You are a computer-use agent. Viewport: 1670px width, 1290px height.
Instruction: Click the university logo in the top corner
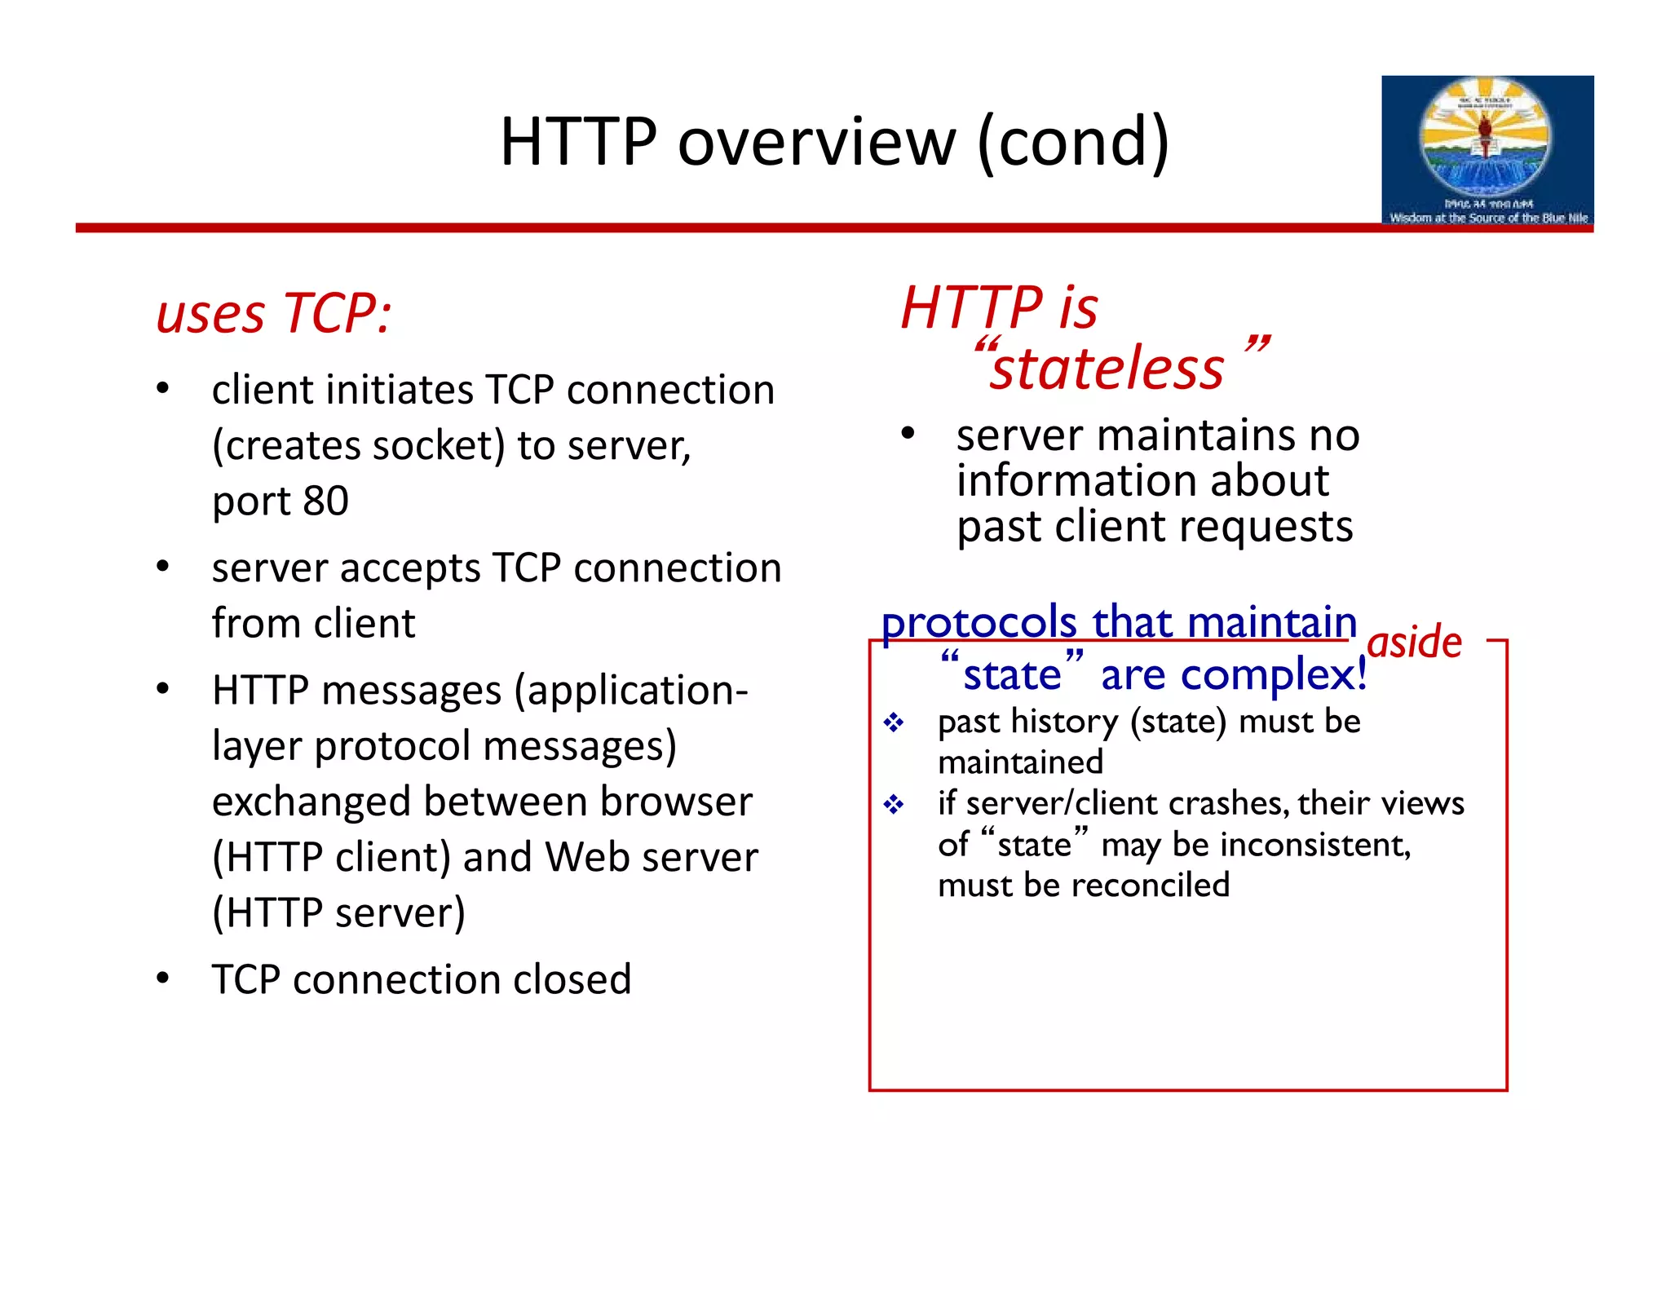pyautogui.click(x=1487, y=150)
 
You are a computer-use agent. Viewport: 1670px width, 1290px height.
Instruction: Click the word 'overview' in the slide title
pyautogui.click(x=816, y=142)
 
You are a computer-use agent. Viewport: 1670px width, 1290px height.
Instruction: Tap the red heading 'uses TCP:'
pyautogui.click(x=274, y=313)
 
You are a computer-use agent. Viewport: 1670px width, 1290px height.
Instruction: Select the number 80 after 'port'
pyautogui.click(x=325, y=501)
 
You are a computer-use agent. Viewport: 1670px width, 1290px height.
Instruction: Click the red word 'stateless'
pyautogui.click(x=1107, y=369)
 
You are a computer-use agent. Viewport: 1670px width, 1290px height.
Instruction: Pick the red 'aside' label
pyautogui.click(x=1415, y=642)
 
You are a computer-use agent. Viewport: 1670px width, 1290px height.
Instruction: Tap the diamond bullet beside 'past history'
pyautogui.click(x=894, y=722)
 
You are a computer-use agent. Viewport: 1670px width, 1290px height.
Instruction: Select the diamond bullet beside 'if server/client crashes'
pyautogui.click(x=894, y=805)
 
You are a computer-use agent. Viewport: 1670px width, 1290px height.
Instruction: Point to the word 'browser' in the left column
pyautogui.click(x=675, y=802)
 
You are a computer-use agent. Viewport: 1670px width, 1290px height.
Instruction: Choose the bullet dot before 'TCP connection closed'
pyautogui.click(x=163, y=977)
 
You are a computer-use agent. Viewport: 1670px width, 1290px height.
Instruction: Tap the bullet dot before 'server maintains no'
pyautogui.click(x=908, y=433)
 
